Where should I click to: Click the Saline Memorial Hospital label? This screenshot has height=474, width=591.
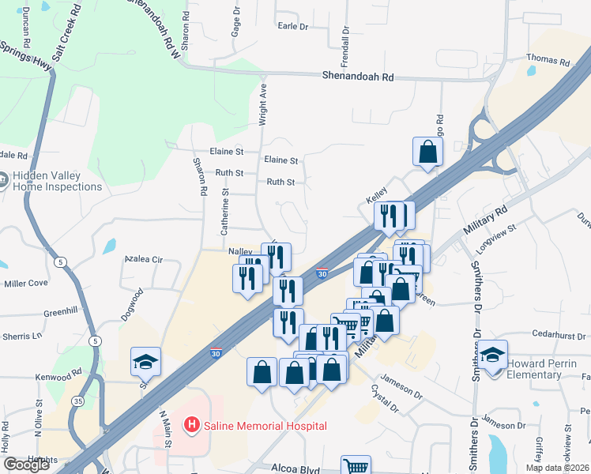pos(264,426)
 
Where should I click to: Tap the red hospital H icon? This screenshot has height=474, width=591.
pos(191,426)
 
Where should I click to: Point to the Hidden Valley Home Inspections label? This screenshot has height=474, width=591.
pos(56,182)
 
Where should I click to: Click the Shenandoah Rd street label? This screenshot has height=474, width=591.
pos(358,77)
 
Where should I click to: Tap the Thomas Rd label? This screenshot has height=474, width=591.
pos(548,61)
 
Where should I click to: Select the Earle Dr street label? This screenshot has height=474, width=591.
pos(292,26)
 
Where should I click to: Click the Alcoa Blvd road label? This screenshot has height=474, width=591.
pos(298,468)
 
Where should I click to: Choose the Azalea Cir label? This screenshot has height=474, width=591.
pos(143,259)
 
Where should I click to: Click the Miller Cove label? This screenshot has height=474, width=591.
pos(26,283)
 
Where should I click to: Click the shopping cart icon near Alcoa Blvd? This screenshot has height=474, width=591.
pos(356,466)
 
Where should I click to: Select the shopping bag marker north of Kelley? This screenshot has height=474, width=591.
pos(427,152)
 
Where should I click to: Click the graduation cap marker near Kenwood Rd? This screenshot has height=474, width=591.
pos(145,362)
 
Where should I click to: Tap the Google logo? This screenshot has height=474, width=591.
pos(26,465)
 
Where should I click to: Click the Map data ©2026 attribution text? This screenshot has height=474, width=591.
pos(557,468)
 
